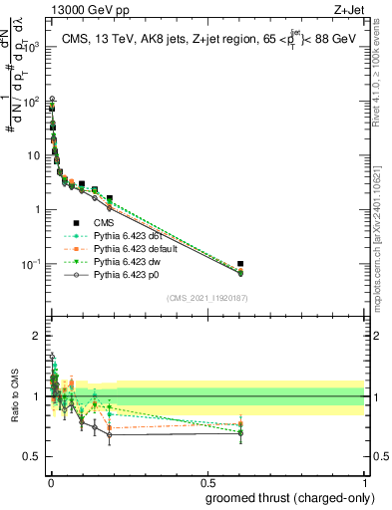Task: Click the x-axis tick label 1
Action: (364, 482)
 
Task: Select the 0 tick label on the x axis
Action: (50, 482)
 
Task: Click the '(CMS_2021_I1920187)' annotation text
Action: (206, 298)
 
